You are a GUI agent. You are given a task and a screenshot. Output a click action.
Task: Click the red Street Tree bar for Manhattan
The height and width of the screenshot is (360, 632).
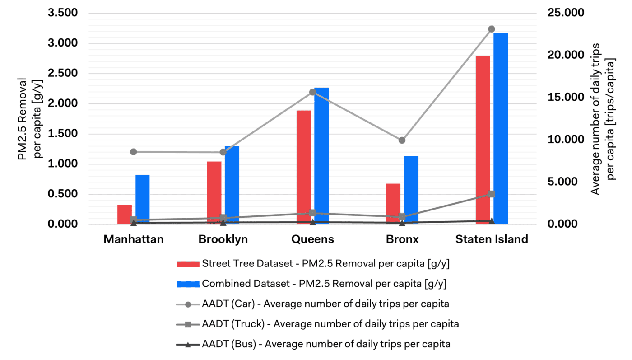click(x=125, y=215)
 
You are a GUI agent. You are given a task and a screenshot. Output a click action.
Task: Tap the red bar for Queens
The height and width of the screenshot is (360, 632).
click(x=304, y=167)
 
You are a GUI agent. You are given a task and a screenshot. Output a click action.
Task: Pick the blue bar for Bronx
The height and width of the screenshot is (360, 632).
click(x=411, y=190)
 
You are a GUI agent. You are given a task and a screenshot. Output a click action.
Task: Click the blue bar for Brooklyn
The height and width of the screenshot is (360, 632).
click(x=232, y=185)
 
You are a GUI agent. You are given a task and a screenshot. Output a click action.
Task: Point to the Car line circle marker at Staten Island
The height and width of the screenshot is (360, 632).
click(x=492, y=29)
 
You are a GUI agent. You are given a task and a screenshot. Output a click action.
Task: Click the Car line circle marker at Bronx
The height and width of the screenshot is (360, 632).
click(x=402, y=140)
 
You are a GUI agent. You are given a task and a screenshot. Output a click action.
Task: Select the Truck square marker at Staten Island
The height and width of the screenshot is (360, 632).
click(x=492, y=194)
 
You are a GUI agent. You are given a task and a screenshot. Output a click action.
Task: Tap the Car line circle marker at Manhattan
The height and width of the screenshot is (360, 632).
click(x=134, y=152)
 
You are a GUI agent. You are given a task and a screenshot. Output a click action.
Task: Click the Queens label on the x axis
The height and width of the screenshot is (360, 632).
click(x=312, y=239)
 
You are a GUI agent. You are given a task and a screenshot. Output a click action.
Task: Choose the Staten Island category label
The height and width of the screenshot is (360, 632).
click(x=492, y=239)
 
